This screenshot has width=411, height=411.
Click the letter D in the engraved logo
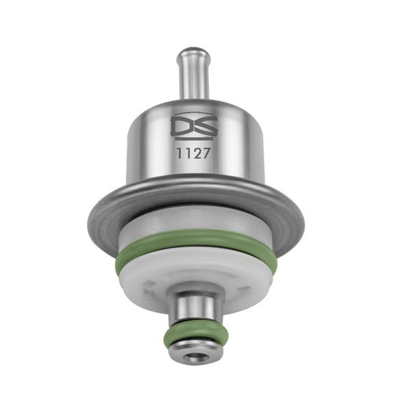pos(181,126)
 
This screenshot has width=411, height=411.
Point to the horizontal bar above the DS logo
pos(194,114)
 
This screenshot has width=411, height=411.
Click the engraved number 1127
pos(193,153)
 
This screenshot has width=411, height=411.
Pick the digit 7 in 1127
pos(206,153)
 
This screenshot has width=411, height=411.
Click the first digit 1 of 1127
pos(179,153)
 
